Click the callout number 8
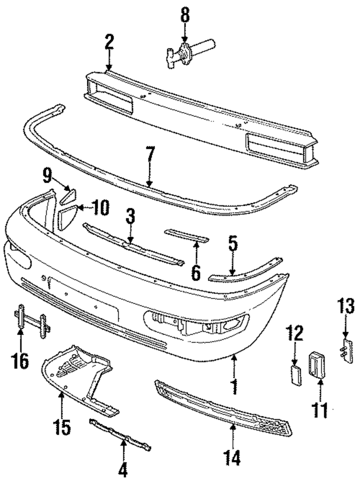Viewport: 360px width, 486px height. (184, 13)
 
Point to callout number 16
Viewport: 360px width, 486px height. (20, 360)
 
